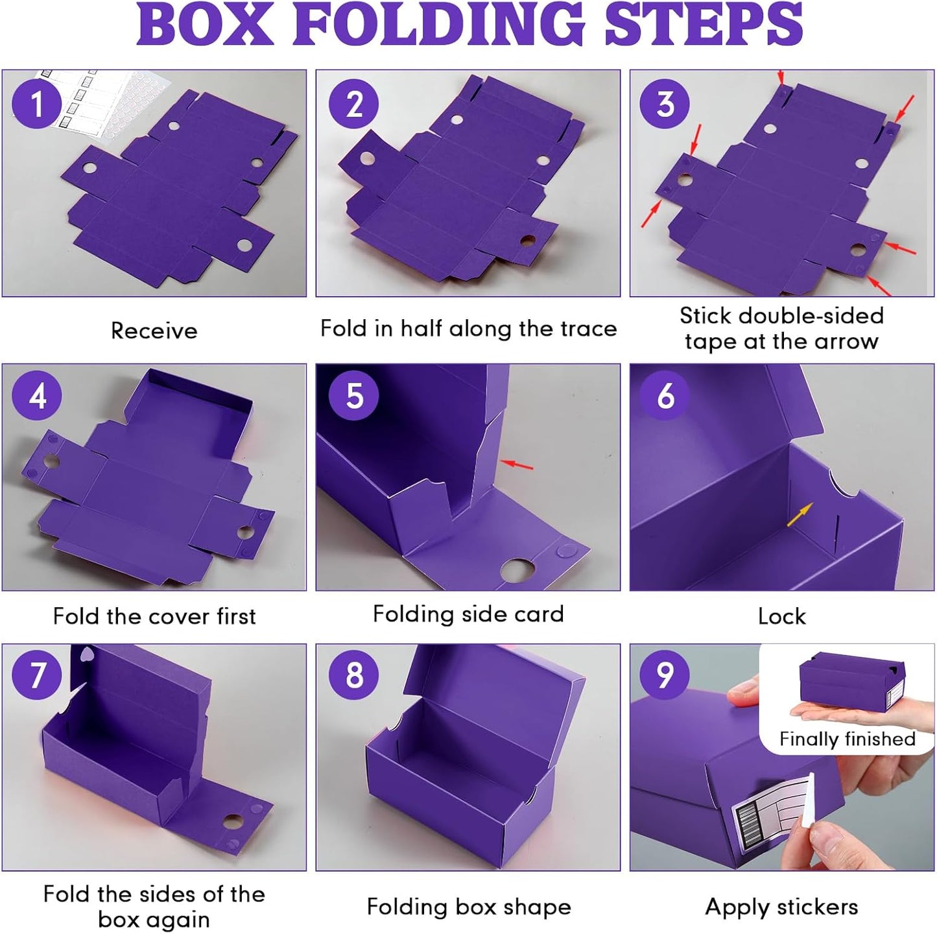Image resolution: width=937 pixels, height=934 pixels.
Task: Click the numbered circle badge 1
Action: click(x=37, y=104)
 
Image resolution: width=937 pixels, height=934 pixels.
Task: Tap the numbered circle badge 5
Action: click(x=354, y=396)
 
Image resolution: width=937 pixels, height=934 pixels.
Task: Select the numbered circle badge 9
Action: click(x=665, y=675)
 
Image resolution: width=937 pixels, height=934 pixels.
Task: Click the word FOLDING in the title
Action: click(x=439, y=25)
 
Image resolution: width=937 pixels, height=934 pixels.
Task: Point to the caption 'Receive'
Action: click(x=154, y=331)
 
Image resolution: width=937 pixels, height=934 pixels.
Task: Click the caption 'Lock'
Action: click(x=781, y=616)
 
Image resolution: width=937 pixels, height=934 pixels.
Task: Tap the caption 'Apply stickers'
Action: click(x=781, y=907)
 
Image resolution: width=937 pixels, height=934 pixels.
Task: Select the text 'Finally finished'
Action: click(x=847, y=739)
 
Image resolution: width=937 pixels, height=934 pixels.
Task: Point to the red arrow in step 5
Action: click(x=518, y=464)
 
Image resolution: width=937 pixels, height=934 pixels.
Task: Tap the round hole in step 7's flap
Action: click(x=231, y=824)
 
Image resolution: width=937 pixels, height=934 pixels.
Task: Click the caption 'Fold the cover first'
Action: click(x=154, y=616)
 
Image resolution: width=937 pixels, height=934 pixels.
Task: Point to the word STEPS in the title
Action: click(x=704, y=25)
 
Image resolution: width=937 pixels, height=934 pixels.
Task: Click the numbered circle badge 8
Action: click(x=354, y=675)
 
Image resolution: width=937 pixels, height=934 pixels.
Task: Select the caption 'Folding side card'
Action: click(x=468, y=614)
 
